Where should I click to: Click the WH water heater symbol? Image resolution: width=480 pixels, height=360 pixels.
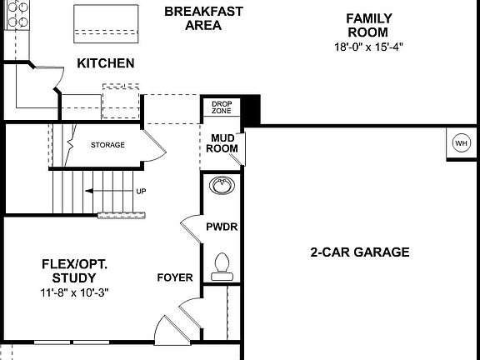[x=461, y=142]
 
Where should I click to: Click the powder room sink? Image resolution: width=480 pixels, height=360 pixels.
[x=222, y=187]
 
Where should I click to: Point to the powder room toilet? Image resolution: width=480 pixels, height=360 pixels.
[x=222, y=265]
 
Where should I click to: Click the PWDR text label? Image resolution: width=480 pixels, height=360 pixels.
[x=222, y=226]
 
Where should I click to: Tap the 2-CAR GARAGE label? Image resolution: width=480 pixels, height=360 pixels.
[x=360, y=252]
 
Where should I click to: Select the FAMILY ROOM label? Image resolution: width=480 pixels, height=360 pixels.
[x=368, y=25]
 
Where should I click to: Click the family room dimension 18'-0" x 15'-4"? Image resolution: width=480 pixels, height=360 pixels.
[x=368, y=47]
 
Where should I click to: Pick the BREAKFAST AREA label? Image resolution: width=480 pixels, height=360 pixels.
[x=203, y=18]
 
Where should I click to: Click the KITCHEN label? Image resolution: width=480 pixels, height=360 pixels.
[x=106, y=63]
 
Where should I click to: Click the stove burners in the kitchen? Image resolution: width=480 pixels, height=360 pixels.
[x=17, y=14]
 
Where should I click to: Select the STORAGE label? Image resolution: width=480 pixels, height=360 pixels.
[x=107, y=145]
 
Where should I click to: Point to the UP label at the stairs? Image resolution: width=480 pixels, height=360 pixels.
[x=141, y=192]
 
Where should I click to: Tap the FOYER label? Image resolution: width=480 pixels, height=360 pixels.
[x=175, y=277]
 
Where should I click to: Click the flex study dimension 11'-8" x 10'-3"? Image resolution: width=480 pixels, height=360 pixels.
[x=76, y=292]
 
